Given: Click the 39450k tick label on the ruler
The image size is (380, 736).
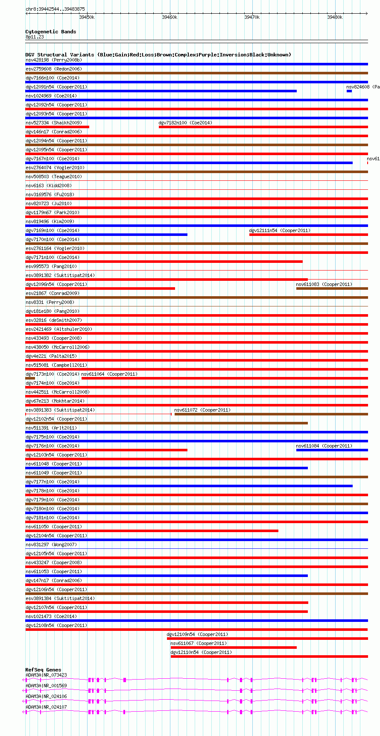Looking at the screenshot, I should coord(87,17).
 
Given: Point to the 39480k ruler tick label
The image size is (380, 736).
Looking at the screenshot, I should coord(335,17).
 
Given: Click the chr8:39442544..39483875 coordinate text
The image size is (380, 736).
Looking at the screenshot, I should coord(55,9).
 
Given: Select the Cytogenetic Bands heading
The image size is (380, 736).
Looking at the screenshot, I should coord(50,32).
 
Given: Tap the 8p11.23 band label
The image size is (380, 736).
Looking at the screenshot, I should coord(35,37).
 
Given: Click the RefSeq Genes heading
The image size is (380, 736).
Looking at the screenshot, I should coord(43,670).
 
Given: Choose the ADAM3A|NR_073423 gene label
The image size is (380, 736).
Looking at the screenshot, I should coord(46,675).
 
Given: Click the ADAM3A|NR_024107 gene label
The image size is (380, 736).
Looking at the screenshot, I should coord(46,707).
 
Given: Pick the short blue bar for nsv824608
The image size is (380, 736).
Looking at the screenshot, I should coord(349,91).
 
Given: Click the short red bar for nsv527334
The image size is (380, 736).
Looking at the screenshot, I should coord(57,127).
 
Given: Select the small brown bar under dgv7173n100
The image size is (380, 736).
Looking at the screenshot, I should coord(30,378).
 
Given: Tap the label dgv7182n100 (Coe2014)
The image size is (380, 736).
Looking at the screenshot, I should coord(185,123).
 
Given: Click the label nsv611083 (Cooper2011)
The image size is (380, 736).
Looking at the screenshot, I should coord(324,284).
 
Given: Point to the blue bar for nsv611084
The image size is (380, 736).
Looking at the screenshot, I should coord(332,450).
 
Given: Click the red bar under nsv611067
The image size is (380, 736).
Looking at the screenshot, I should coord(234,648).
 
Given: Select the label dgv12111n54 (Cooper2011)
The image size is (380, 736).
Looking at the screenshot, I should coord(280,230).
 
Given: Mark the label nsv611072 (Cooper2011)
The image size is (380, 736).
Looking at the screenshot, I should coord(202,410).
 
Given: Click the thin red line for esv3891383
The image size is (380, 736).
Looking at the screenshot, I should coord(98,414).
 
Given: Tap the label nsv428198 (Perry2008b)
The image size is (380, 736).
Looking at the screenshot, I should coord(54,60).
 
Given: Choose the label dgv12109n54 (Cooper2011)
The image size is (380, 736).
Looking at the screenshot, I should coord(197,634).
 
